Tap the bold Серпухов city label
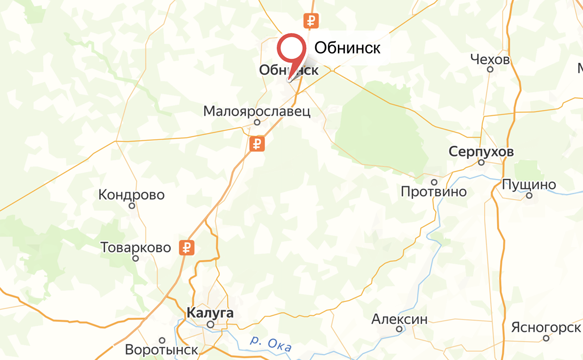point(481,152)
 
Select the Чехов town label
point(490,60)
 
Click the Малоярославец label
point(257,111)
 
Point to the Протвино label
point(434,191)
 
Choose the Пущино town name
point(529,185)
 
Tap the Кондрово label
point(131,195)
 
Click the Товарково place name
point(136,247)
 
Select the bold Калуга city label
point(210,313)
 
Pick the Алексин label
point(399,319)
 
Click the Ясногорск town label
point(546,327)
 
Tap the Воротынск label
point(162,350)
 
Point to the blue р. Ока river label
point(271,344)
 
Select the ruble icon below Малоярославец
point(257,144)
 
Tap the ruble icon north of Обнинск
point(311,21)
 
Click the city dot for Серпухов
point(481,162)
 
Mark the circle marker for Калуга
point(210,324)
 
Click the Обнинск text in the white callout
point(347,48)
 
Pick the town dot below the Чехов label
point(490,70)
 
